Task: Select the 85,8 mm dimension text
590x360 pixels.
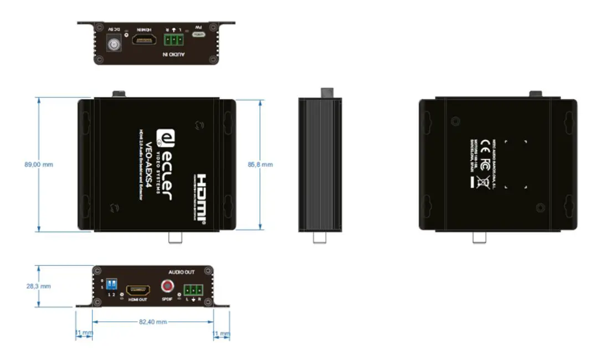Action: [x=260, y=164]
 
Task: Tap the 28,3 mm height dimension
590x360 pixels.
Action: [x=39, y=286]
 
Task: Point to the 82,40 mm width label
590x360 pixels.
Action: [x=153, y=322]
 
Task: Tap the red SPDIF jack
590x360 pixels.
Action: [x=167, y=286]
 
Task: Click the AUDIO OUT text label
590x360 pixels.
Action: [x=182, y=272]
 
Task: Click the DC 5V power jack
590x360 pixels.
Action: [x=114, y=43]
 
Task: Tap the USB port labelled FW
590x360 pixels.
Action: [x=198, y=34]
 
